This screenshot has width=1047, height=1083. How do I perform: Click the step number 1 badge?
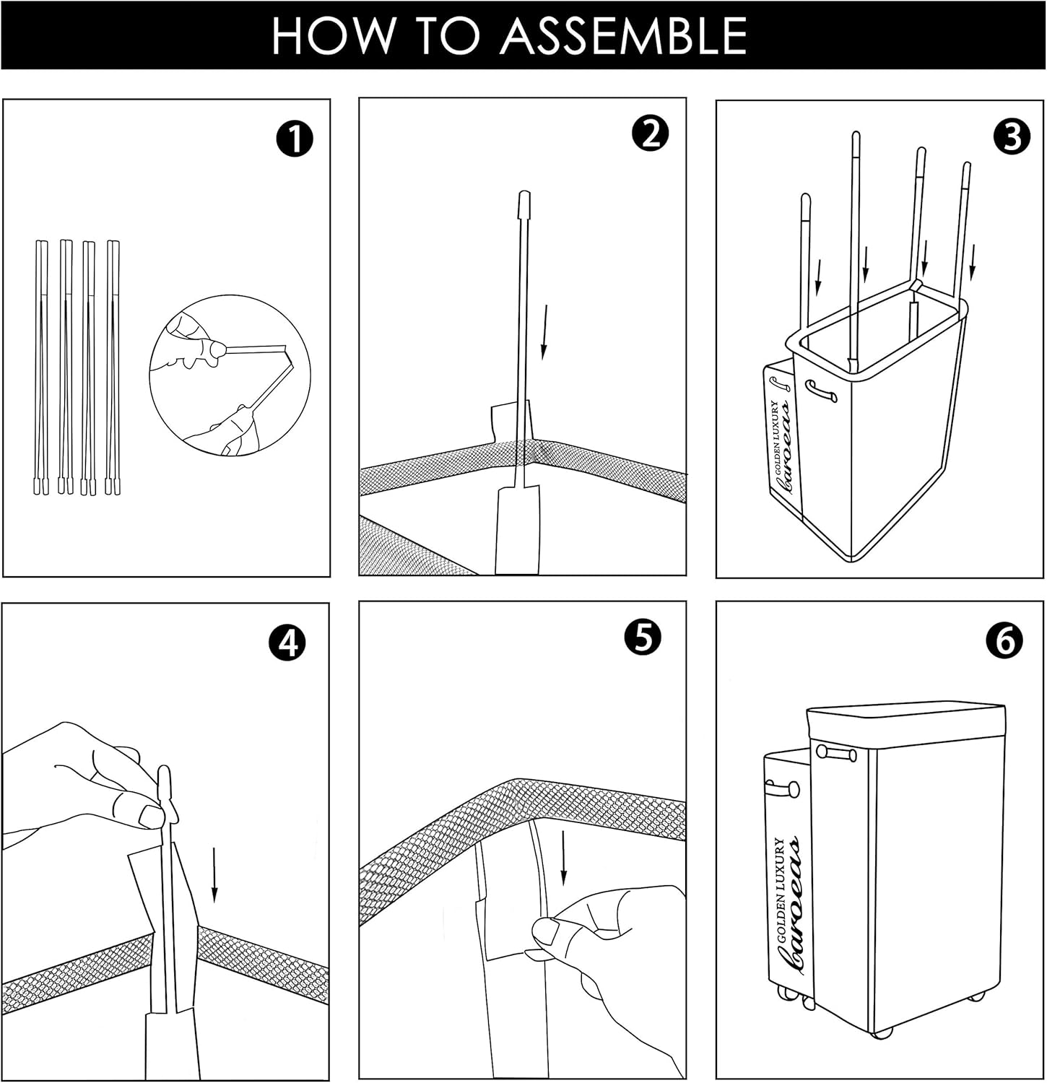click(294, 139)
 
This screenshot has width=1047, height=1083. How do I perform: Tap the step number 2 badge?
click(650, 134)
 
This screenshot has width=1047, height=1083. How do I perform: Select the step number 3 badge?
click(1012, 136)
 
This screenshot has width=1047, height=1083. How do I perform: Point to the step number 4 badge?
click(287, 642)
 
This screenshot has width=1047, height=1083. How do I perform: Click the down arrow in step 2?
click(544, 331)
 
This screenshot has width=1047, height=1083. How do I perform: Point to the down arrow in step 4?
click(214, 874)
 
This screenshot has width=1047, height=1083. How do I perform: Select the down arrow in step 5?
click(563, 859)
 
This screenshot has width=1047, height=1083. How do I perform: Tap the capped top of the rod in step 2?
click(525, 201)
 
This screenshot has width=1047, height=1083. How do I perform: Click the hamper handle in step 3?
click(822, 392)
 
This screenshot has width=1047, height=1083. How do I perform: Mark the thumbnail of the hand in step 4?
click(152, 817)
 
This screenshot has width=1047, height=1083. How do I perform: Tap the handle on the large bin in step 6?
click(838, 753)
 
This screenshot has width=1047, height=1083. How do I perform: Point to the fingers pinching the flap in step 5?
click(545, 931)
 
